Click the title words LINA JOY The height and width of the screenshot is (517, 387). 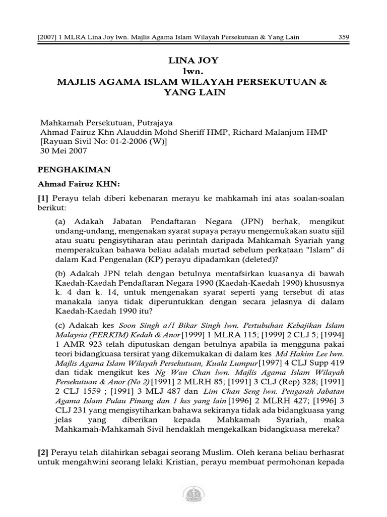pyautogui.click(x=193, y=61)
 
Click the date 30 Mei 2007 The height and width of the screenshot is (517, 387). pyautogui.click(x=63, y=151)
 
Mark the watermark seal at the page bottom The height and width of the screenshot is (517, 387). pyautogui.click(x=193, y=494)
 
